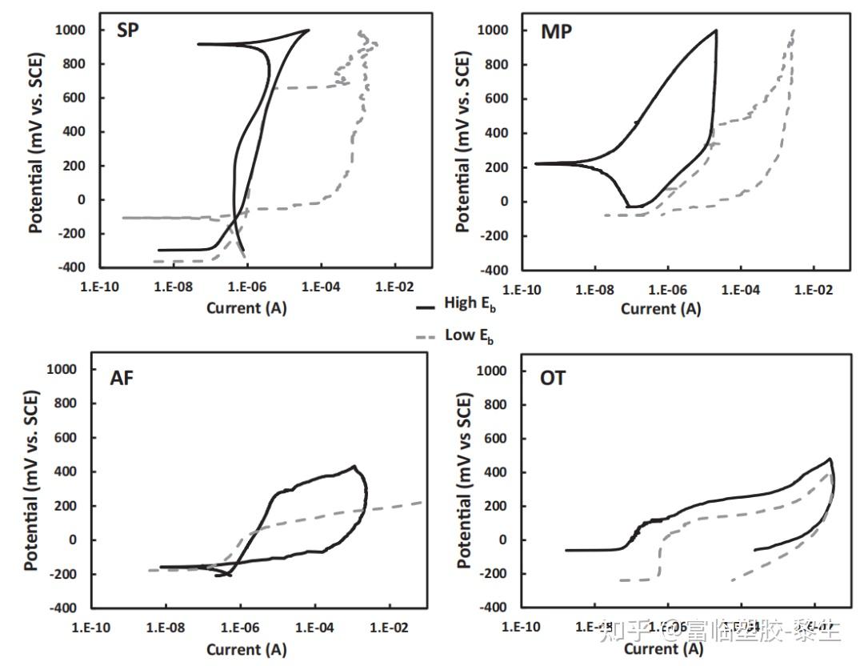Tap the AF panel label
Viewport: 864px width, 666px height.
point(122,379)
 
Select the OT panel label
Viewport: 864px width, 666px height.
point(552,378)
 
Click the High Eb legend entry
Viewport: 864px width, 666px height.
point(469,304)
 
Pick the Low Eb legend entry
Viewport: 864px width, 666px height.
point(468,336)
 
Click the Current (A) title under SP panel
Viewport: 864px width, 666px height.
point(246,308)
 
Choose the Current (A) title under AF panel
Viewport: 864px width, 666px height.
point(246,649)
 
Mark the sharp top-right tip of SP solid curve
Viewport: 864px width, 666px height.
point(309,30)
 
